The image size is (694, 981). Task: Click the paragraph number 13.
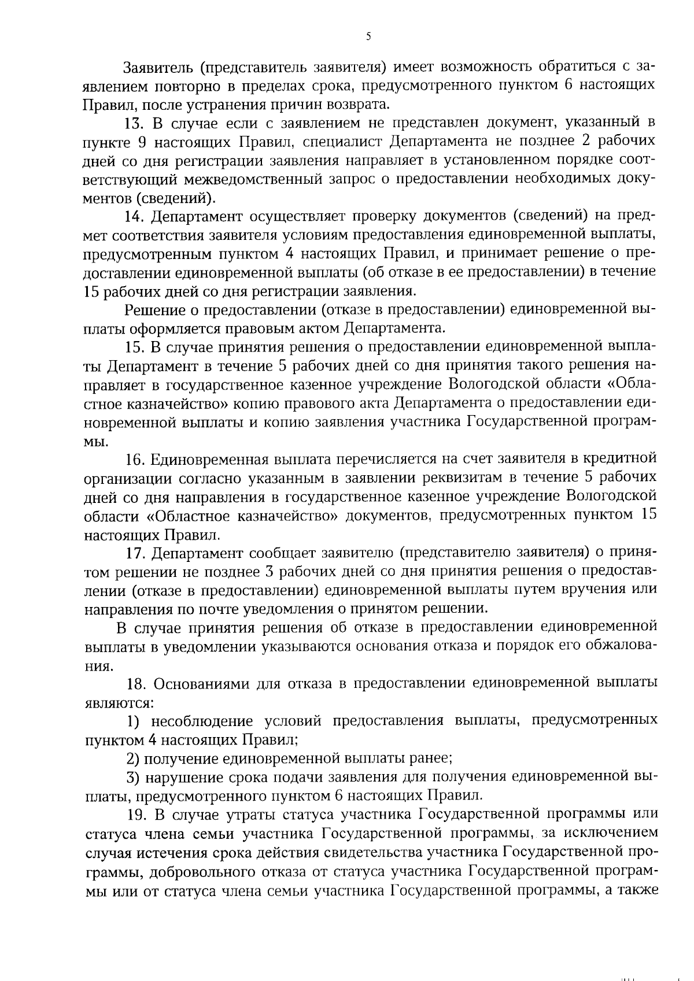(x=134, y=123)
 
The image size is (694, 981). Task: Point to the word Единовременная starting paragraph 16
(x=205, y=459)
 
